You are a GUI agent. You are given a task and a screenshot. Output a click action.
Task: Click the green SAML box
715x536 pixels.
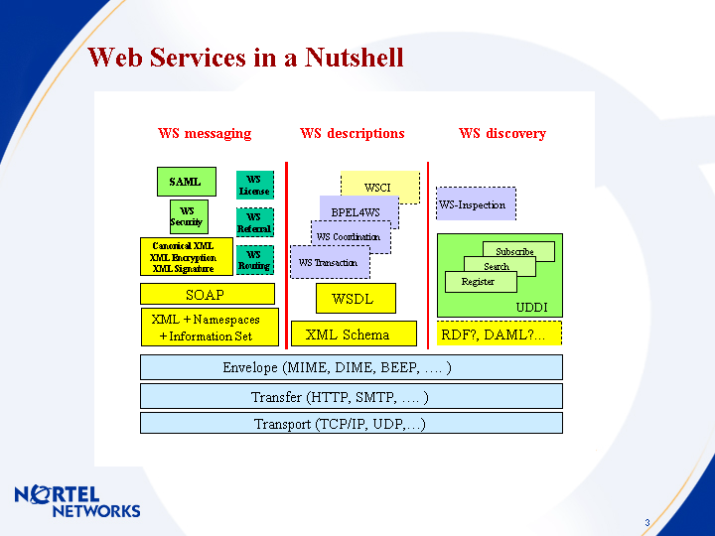point(186,182)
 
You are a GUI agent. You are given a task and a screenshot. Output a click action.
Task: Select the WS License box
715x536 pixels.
point(254,186)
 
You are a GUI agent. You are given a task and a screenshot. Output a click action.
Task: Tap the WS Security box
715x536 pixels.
point(187,216)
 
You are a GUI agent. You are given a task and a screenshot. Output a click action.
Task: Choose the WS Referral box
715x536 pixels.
point(254,222)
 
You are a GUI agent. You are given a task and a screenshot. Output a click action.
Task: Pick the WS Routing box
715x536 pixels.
point(254,260)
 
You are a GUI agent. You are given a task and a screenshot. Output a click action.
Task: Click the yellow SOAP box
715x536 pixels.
point(207,294)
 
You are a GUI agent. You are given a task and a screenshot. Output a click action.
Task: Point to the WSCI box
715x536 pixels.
point(379,187)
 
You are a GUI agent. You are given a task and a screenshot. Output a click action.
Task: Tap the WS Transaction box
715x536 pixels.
point(329,263)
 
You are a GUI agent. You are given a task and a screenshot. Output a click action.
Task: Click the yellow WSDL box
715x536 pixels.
point(355,298)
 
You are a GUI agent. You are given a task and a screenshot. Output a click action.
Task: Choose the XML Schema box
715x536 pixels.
point(354,334)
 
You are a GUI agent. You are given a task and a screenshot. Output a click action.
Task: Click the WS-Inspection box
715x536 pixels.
point(476,204)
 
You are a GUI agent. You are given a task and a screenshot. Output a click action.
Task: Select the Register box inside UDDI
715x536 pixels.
point(479,282)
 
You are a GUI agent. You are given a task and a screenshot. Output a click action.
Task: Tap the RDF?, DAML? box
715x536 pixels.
point(499,334)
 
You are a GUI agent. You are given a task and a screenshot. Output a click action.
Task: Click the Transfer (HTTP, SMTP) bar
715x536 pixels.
point(352,397)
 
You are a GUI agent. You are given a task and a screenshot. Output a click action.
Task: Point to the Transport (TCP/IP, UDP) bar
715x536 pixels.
point(352,424)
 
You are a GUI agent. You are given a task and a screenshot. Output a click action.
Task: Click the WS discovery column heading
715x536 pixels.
point(501,133)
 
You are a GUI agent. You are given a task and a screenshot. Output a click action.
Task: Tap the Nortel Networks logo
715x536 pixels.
point(76,501)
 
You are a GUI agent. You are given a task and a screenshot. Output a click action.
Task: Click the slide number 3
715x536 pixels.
point(646,523)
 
